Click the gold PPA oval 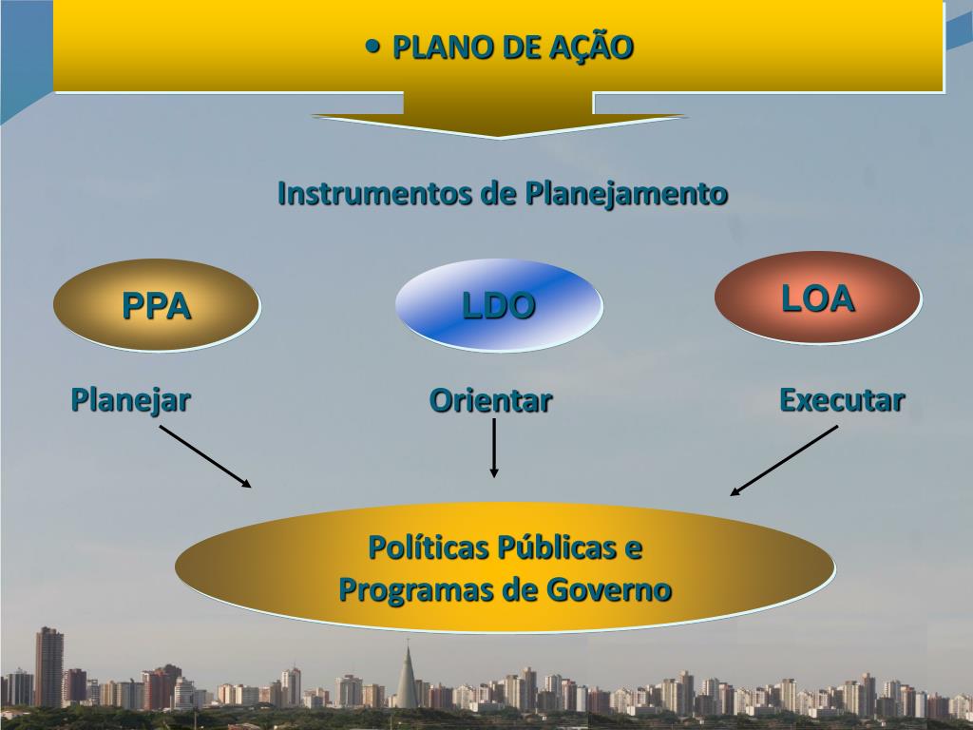156,305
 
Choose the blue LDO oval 499,305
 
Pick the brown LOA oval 817,298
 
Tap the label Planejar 130,399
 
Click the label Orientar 490,400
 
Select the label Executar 842,399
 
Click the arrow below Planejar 205,456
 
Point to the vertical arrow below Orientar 493,448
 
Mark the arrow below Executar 784,460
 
